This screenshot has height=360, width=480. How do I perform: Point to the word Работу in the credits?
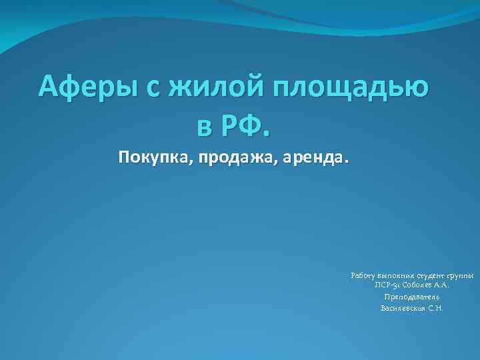(x=363, y=275)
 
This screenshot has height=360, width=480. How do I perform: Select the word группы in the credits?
(x=460, y=275)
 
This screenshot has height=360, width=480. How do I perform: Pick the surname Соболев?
(x=417, y=286)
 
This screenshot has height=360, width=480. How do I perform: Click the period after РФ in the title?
(x=269, y=131)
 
